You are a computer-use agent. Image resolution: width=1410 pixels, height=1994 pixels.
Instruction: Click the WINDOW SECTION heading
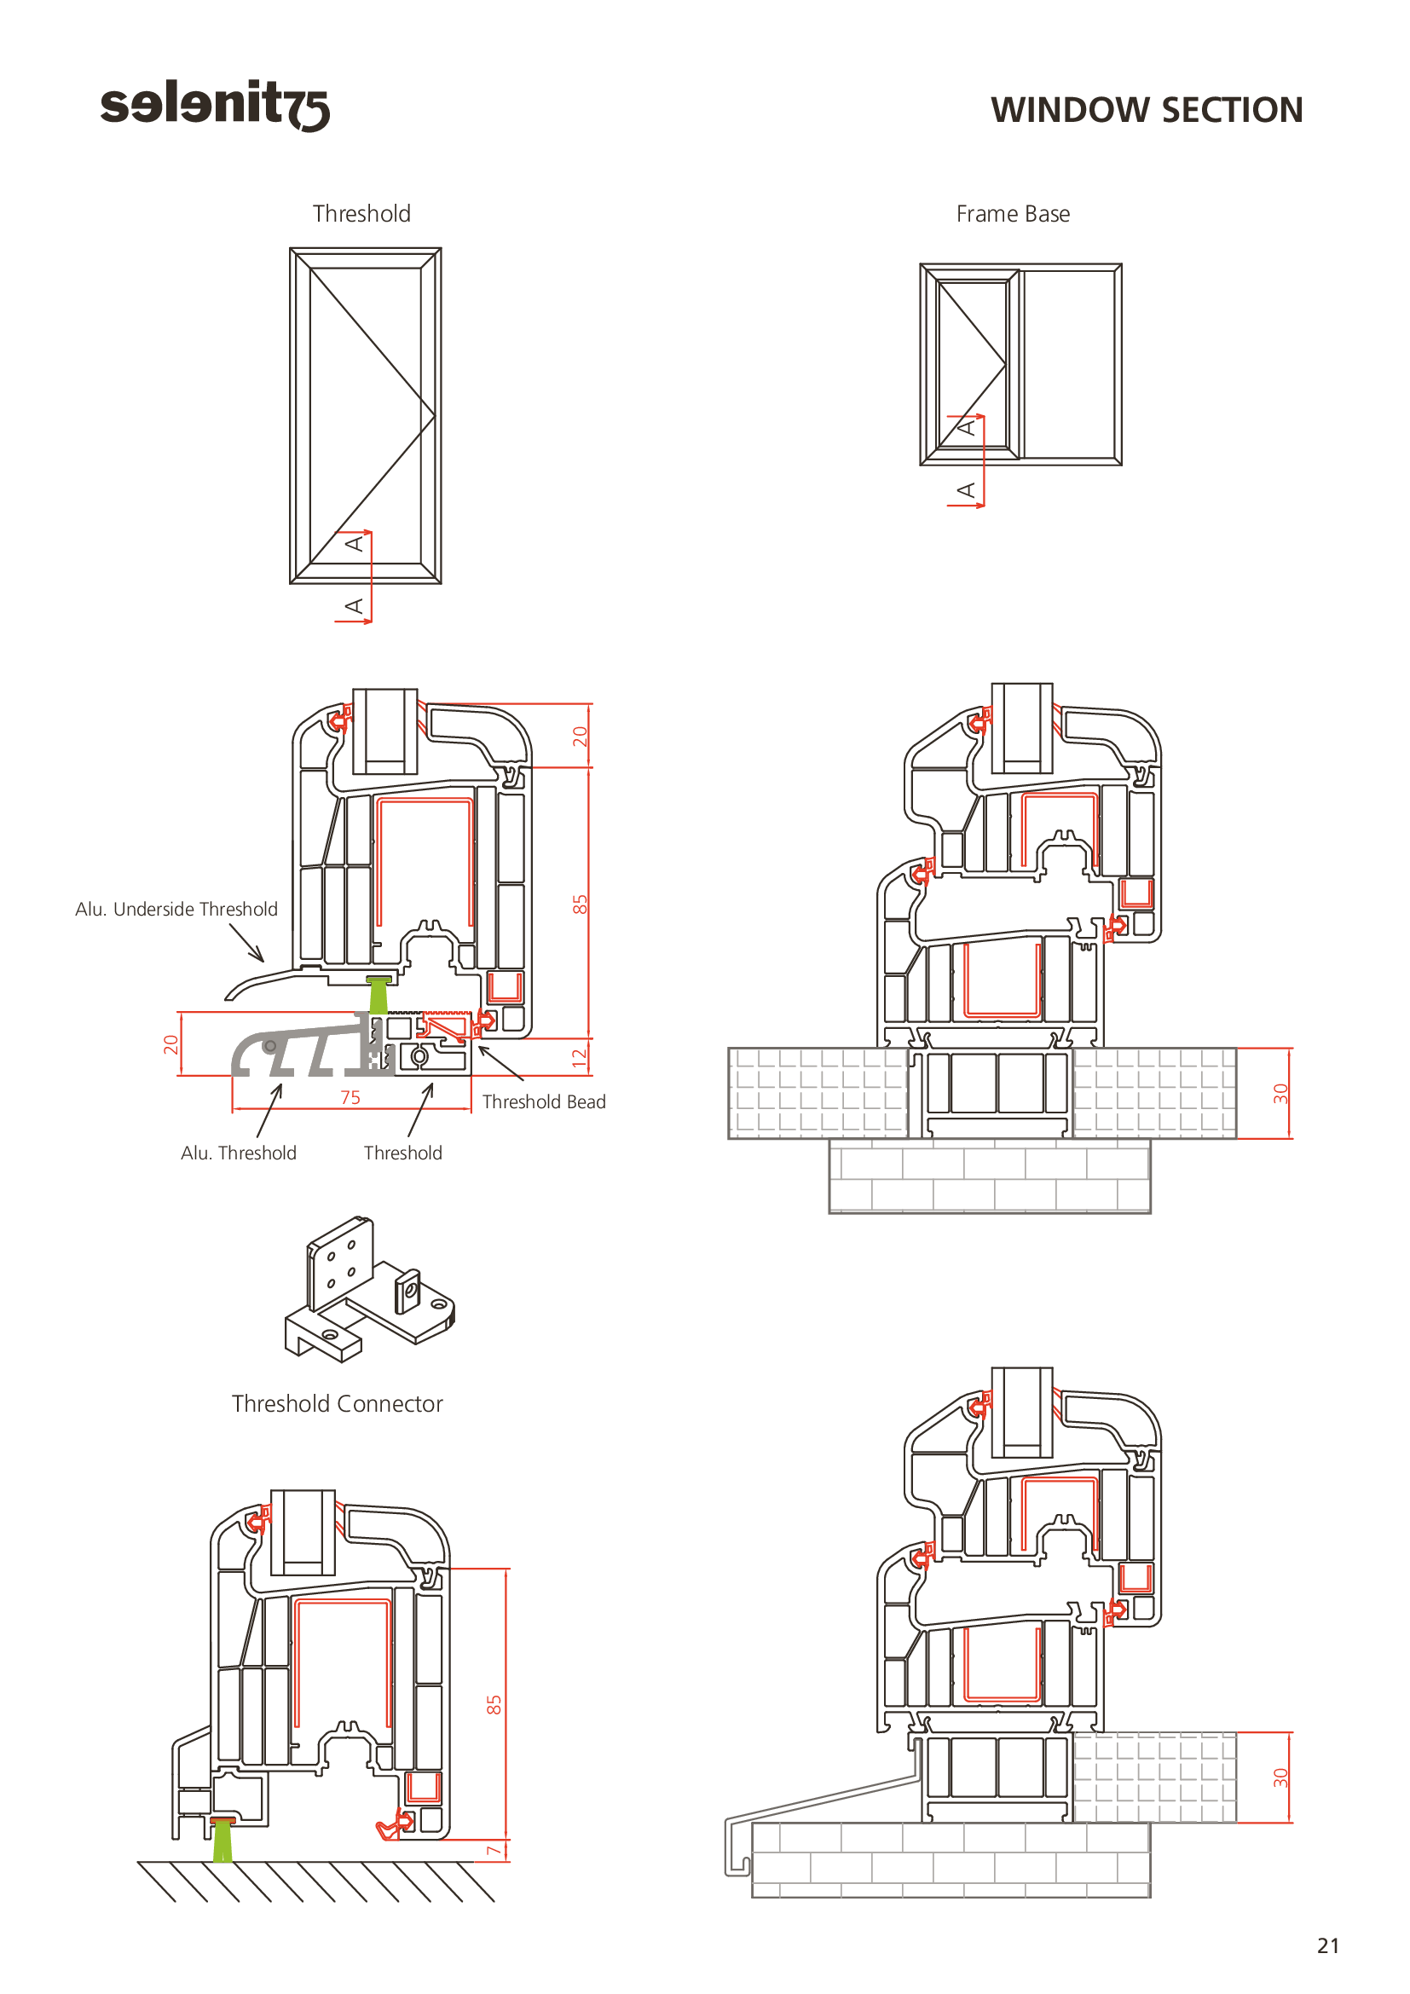pos(1146,110)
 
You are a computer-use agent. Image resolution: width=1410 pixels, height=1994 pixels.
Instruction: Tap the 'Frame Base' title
pos(1013,214)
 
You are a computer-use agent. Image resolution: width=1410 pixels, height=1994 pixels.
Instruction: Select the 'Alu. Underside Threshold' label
pos(176,910)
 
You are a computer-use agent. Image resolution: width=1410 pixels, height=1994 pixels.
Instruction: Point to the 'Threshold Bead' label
pos(544,1102)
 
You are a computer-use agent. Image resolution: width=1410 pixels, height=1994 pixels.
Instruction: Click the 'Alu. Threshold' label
pos(238,1153)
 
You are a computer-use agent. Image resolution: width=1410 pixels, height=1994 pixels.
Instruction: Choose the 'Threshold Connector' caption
pos(337,1404)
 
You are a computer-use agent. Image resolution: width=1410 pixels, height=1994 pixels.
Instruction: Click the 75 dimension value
pos(350,1098)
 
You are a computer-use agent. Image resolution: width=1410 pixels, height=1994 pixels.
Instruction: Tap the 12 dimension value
pos(579,1057)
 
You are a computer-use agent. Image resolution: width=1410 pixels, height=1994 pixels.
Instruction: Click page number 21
pos(1327,1945)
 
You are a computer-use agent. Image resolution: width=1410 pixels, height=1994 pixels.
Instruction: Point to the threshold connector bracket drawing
pos(369,1291)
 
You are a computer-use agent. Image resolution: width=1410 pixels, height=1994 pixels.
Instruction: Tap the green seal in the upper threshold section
pos(379,995)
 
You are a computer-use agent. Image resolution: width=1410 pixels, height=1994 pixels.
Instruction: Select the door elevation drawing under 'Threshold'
pos(366,415)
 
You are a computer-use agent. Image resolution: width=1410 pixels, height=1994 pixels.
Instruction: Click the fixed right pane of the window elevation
pos(1070,364)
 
